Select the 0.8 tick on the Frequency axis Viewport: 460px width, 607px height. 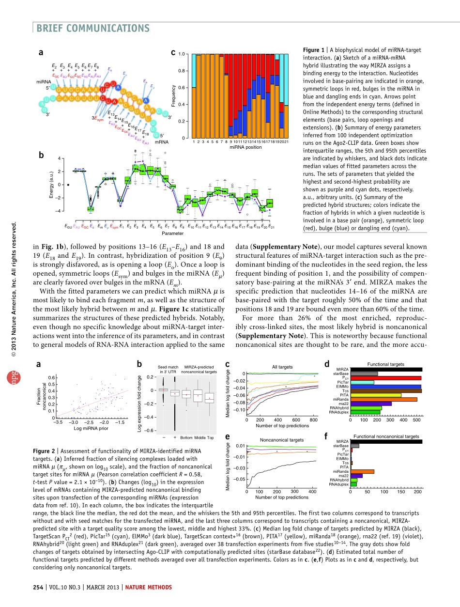[183, 71]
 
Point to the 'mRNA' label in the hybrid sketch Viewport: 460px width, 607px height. [161, 142]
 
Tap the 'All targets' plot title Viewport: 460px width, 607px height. [282, 367]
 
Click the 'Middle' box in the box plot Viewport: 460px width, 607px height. [198, 395]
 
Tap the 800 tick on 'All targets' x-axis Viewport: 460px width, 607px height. [313, 420]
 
